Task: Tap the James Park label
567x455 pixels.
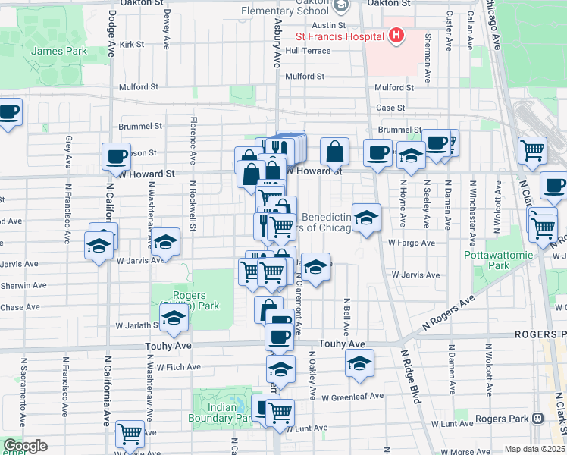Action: coord(59,52)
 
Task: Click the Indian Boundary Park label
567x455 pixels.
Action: coord(221,413)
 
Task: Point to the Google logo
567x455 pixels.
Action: coord(24,446)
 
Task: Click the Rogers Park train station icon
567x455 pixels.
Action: coord(537,418)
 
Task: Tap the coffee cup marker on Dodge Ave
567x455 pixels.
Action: coord(116,156)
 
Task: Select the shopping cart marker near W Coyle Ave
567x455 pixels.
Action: coord(130,434)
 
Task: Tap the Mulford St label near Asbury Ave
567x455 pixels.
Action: coord(305,77)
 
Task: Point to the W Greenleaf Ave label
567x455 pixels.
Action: coord(352,397)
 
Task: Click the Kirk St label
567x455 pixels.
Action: coord(131,45)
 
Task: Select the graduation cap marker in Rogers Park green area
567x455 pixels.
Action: coord(174,318)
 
